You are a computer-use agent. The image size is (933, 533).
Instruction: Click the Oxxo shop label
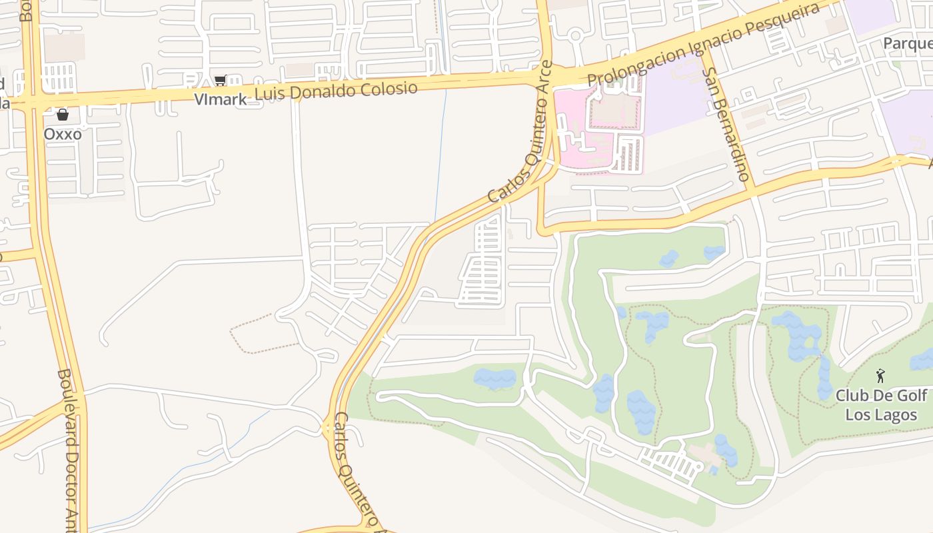pyautogui.click(x=63, y=134)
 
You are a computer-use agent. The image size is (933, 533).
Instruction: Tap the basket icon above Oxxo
pyautogui.click(x=63, y=115)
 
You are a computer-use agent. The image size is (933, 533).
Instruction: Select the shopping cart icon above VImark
pyautogui.click(x=220, y=81)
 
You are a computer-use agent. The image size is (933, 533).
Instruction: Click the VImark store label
pyautogui.click(x=220, y=99)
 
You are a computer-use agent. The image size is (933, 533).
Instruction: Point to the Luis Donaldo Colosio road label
pyautogui.click(x=337, y=91)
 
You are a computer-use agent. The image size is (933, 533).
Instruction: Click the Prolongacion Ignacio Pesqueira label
pyautogui.click(x=703, y=45)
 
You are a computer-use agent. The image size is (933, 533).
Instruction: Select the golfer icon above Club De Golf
pyautogui.click(x=880, y=376)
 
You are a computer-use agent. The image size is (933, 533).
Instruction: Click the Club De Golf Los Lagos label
pyautogui.click(x=881, y=405)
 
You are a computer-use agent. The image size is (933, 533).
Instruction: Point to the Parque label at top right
pyautogui.click(x=908, y=43)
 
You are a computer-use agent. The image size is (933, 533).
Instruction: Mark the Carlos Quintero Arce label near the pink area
pyautogui.click(x=520, y=133)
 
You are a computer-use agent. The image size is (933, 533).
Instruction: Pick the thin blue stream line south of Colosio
pyautogui.click(x=441, y=153)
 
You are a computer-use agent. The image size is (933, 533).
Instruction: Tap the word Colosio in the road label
pyautogui.click(x=389, y=89)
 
